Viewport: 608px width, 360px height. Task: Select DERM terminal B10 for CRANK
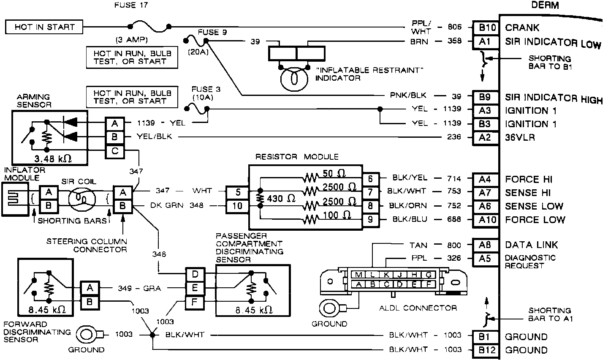point(485,27)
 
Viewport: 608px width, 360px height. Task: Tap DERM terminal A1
point(485,41)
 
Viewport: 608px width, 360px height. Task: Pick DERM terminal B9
point(485,97)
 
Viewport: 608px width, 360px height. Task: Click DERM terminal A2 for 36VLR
point(485,137)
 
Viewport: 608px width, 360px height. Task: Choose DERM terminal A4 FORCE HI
point(485,179)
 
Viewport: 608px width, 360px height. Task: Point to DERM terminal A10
point(485,220)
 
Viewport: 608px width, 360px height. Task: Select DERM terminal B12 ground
point(485,350)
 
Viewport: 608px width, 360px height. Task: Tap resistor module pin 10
point(238,206)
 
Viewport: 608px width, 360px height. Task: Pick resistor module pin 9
point(370,220)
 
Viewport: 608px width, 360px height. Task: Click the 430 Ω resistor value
point(281,198)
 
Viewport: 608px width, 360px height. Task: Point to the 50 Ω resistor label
point(334,173)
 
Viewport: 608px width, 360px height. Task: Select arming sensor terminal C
point(115,151)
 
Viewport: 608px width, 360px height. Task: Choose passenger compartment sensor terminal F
point(195,302)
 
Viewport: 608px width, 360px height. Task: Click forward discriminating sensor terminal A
point(90,288)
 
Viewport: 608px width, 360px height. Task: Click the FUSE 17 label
point(131,5)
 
